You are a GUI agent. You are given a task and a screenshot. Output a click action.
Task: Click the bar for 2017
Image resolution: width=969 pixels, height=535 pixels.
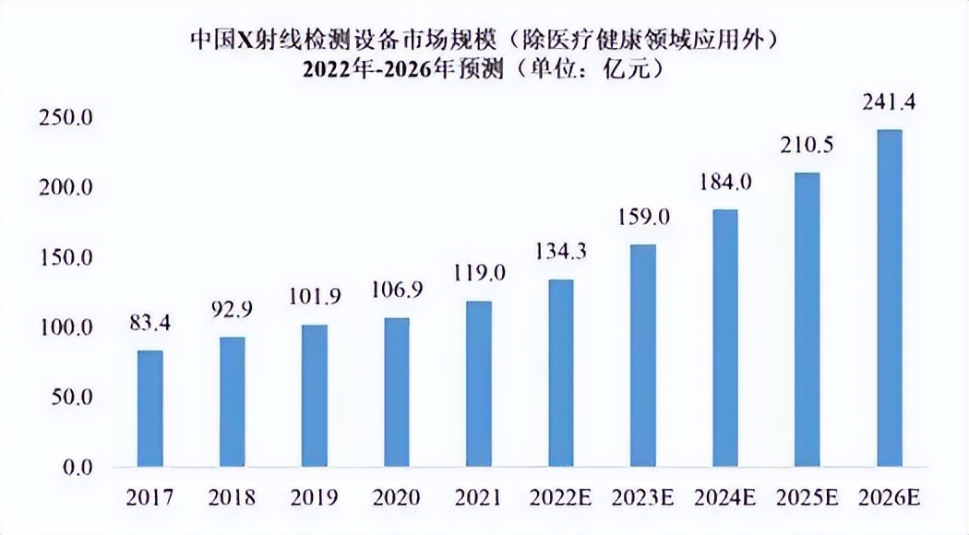(x=150, y=409)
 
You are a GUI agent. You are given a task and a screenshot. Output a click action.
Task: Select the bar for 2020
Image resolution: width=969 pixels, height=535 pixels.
(x=397, y=392)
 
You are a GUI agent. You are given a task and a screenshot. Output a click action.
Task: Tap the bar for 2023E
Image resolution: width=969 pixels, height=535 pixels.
(x=643, y=356)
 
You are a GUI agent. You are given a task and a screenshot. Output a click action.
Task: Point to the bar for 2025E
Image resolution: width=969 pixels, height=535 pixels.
(x=807, y=320)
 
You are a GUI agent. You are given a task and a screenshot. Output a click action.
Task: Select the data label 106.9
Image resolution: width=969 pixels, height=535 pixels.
(x=397, y=291)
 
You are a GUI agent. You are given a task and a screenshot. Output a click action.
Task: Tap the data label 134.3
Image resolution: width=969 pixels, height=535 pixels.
(x=561, y=252)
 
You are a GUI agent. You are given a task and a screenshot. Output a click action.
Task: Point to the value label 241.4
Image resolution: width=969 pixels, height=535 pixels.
(x=890, y=101)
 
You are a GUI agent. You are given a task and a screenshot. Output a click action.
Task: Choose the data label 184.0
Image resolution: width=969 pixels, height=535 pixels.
(x=725, y=183)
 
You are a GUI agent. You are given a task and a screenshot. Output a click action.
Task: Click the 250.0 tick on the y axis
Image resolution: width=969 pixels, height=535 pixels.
(x=66, y=118)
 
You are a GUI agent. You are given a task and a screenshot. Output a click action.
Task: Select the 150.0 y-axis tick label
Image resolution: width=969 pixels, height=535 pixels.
(x=66, y=258)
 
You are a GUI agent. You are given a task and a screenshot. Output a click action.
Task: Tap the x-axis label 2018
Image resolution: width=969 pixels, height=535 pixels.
(x=233, y=498)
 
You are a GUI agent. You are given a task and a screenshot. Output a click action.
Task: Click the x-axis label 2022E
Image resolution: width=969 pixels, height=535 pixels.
(x=561, y=498)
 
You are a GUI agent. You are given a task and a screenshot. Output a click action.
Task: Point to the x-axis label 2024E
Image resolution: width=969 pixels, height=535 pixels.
(x=725, y=498)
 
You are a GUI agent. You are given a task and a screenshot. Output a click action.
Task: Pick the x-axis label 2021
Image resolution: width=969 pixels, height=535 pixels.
(x=479, y=498)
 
